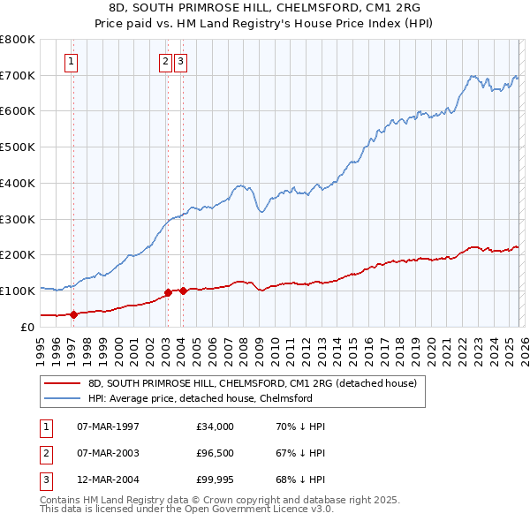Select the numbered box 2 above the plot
pos(165,61)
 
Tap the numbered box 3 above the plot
pos(180,61)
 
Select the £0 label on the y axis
pos(26,327)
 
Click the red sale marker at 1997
pos(73,313)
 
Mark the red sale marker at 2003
pos(167,291)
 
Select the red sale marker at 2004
pos(183,291)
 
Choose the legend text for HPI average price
pos(201,398)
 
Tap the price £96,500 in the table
pos(216,453)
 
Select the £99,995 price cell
pos(216,479)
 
